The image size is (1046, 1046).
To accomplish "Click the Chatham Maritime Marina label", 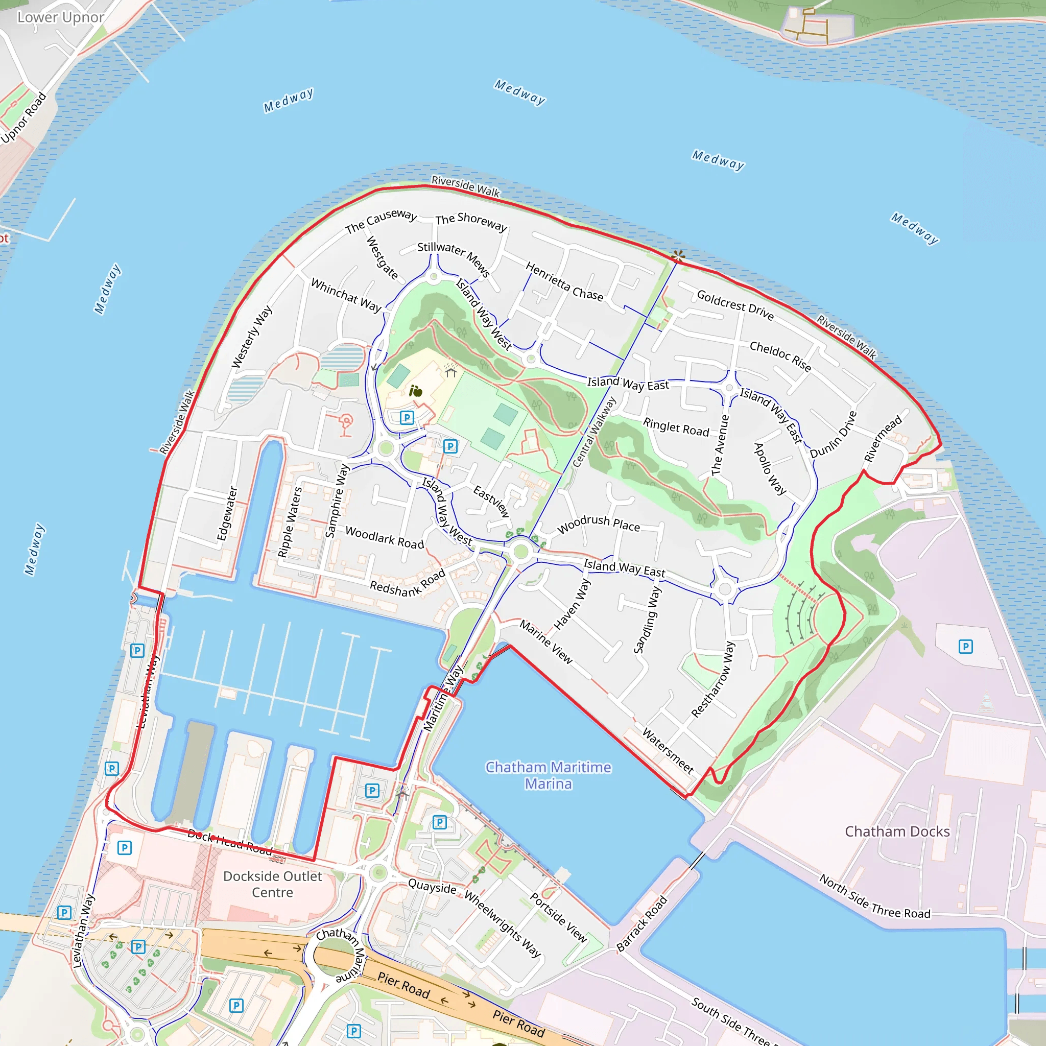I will [x=548, y=775].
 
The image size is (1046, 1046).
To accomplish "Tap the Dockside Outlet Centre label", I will [x=272, y=884].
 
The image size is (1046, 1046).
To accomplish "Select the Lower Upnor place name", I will [x=60, y=17].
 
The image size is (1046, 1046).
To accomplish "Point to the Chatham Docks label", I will [x=897, y=831].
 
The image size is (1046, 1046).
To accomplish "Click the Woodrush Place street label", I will [x=598, y=523].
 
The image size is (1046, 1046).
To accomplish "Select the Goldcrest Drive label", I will [x=735, y=305].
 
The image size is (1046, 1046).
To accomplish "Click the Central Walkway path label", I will [x=594, y=432].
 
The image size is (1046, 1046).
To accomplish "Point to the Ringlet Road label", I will [x=676, y=426].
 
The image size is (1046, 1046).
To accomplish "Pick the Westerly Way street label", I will [x=252, y=337].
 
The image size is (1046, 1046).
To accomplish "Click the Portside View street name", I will [x=558, y=917].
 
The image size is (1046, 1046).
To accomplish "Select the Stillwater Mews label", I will [x=454, y=258].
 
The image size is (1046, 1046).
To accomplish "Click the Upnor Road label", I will [x=24, y=117].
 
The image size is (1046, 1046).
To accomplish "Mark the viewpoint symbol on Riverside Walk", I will [x=678, y=255].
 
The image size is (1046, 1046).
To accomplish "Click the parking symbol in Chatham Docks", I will [x=965, y=647].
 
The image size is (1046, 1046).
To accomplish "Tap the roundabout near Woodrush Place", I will [x=521, y=552].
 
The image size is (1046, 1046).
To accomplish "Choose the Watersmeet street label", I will [x=668, y=750].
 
